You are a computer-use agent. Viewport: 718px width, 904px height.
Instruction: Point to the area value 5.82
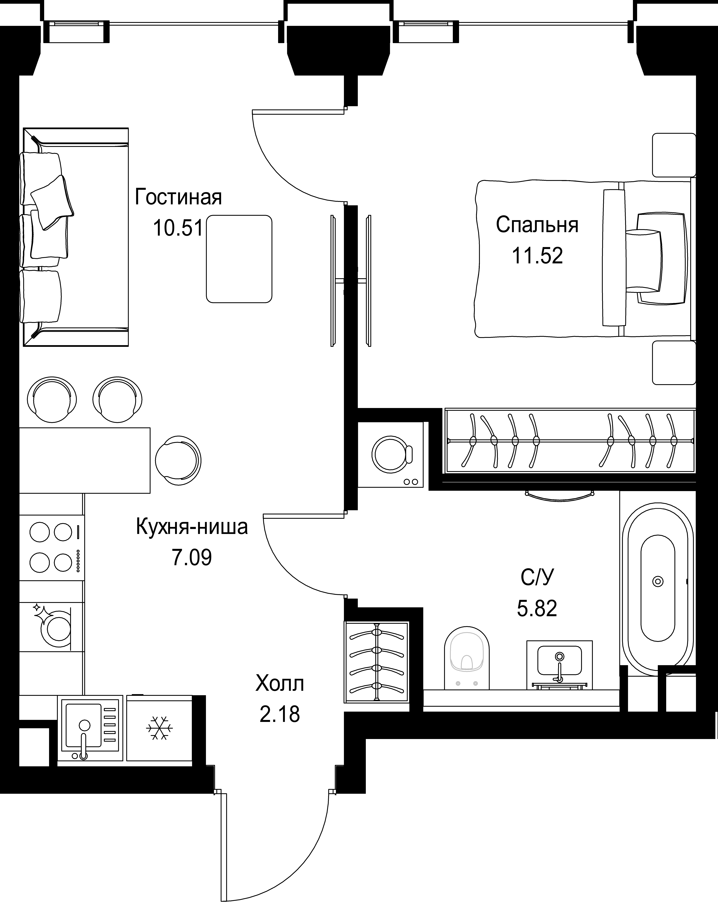click(537, 608)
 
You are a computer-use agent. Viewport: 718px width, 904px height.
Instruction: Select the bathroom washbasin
click(559, 665)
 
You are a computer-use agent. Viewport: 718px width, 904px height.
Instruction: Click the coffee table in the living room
click(239, 259)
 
